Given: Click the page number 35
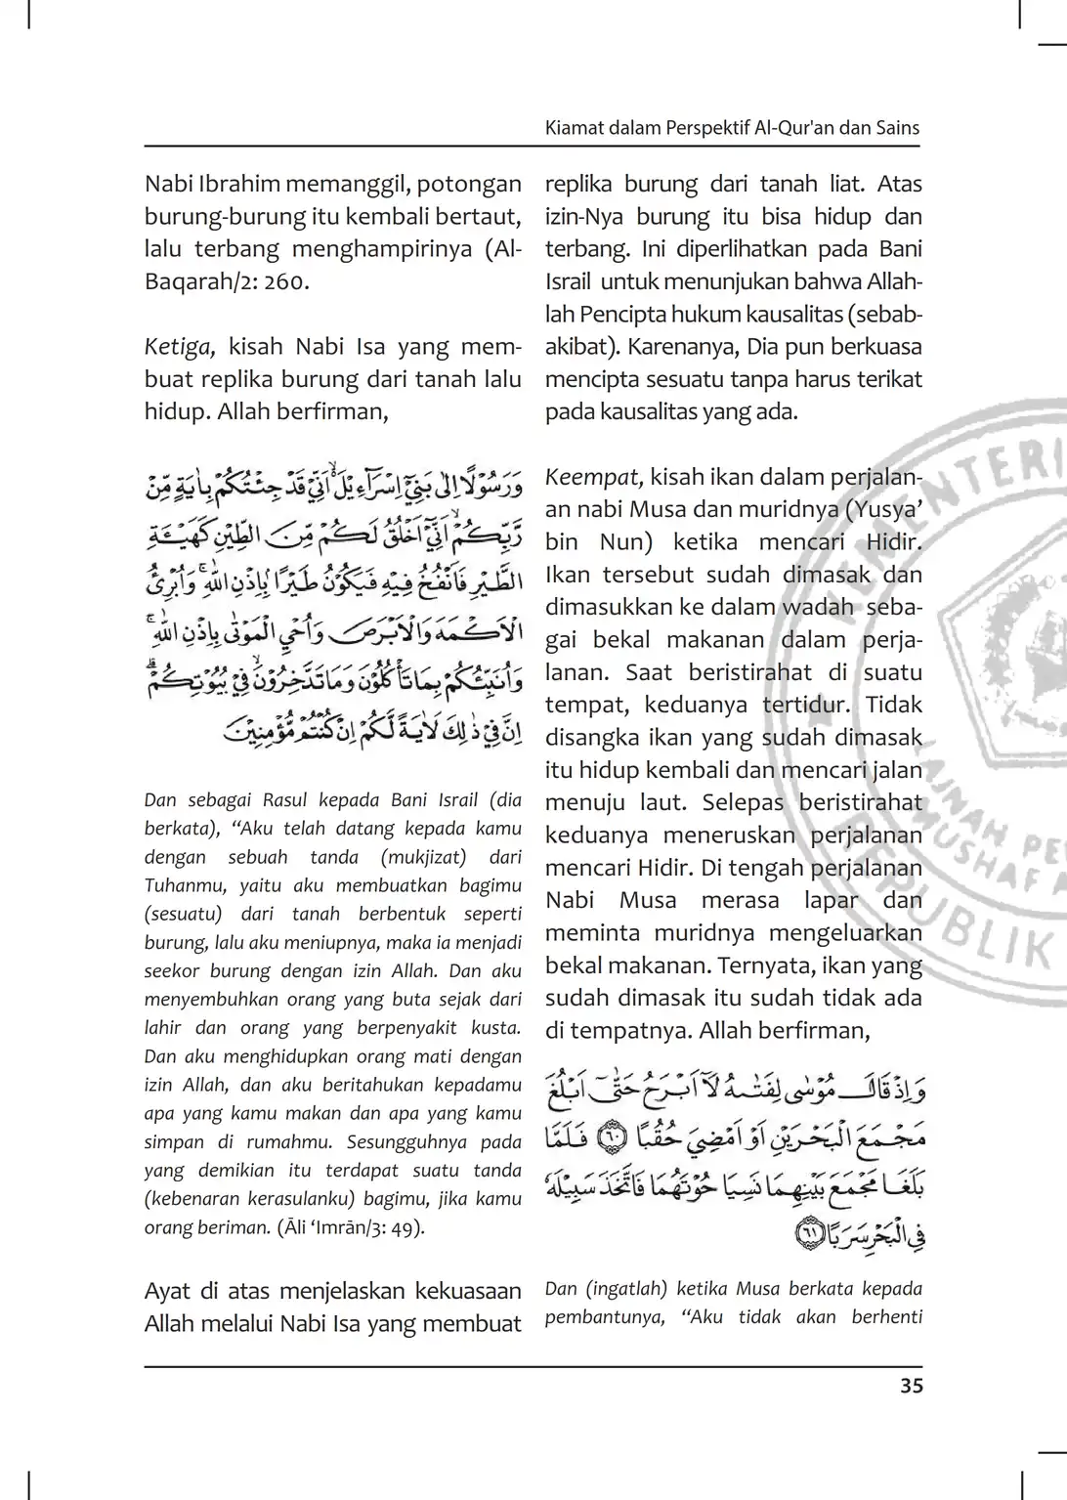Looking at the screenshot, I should [x=910, y=1386].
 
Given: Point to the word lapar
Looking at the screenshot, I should [x=831, y=900].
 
